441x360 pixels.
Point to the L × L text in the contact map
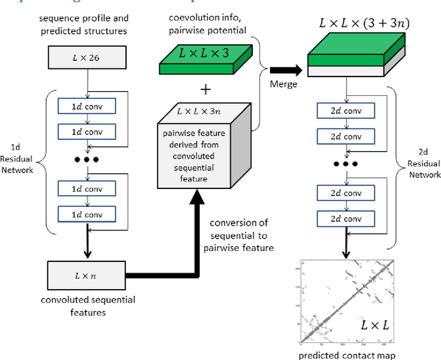374,323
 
